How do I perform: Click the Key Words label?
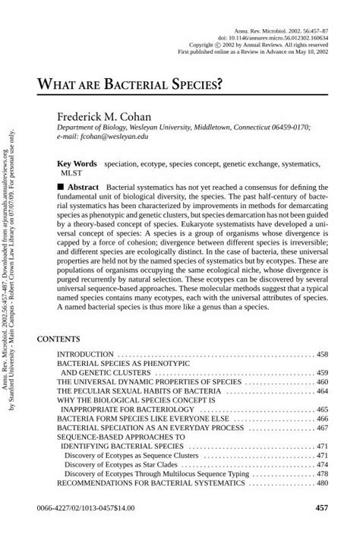(77, 163)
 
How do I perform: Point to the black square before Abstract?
(62, 186)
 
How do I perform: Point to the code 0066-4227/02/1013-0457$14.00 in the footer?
(84, 507)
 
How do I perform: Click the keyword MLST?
(69, 173)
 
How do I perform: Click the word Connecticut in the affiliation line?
(233, 128)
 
